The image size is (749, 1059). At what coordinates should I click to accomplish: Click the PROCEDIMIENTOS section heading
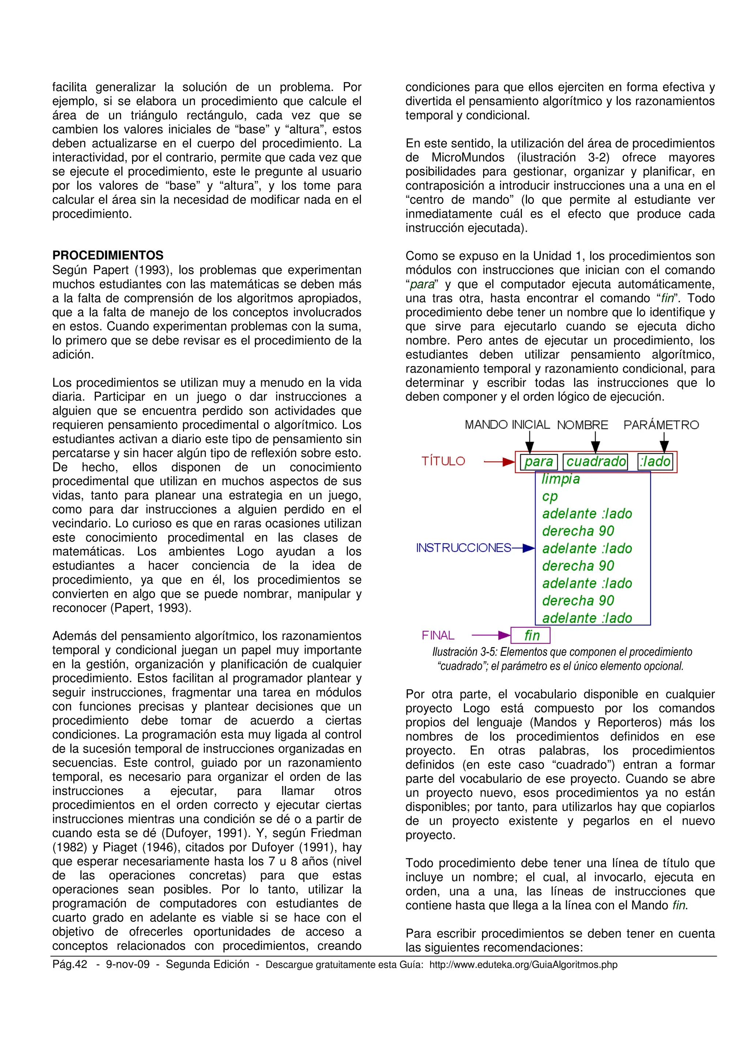[108, 255]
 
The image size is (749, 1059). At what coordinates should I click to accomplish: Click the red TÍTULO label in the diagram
[443, 461]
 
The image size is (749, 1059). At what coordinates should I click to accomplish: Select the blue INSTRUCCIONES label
[463, 548]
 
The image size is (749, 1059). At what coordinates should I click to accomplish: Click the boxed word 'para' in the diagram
[539, 462]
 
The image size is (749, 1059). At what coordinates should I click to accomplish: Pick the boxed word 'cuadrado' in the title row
[595, 462]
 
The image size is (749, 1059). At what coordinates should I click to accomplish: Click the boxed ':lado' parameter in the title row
[655, 462]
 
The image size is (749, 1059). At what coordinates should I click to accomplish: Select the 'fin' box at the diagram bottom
[531, 635]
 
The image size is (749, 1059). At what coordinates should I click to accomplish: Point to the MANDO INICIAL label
[507, 425]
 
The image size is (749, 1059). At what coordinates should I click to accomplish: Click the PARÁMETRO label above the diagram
[661, 425]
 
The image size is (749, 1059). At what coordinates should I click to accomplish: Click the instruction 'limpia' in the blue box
[560, 479]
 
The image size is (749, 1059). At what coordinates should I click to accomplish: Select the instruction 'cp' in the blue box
[550, 496]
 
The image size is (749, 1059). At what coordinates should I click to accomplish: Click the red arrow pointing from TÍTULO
[499, 461]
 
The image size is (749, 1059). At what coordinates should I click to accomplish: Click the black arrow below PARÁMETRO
[664, 442]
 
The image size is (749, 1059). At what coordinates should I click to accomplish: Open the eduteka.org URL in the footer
[523, 965]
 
